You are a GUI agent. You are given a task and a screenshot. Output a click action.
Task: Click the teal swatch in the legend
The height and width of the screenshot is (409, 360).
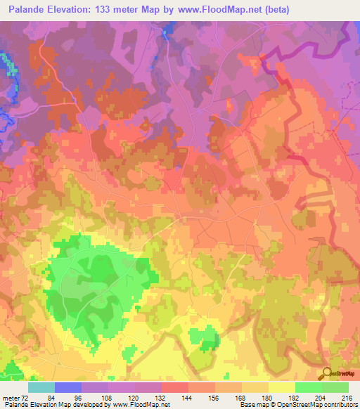pos(41,388)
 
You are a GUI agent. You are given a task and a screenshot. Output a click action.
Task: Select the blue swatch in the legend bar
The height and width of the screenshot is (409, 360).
pos(68,388)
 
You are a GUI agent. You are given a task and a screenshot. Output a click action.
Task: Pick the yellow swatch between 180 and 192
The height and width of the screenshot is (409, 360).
pos(281,388)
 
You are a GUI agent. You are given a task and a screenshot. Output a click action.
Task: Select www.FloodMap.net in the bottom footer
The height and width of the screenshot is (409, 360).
pos(149,404)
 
